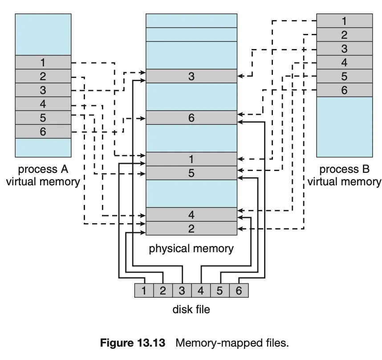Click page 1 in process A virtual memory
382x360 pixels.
[43, 62]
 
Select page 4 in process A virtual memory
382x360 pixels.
[43, 104]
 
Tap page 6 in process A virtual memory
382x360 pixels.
[43, 131]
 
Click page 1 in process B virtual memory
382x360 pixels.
[344, 20]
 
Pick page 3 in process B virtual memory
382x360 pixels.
[344, 49]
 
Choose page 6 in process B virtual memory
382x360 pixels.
[344, 90]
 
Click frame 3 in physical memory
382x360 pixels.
[191, 76]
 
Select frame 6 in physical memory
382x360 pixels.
[191, 118]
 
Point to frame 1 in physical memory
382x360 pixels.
[191, 159]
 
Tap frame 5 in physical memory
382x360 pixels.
[191, 173]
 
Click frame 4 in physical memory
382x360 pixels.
[191, 214]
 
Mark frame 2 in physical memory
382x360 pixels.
[191, 228]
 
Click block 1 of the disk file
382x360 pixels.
[144, 291]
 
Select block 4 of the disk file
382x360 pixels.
[200, 291]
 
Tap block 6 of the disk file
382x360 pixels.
[239, 291]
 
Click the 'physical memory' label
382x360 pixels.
[191, 248]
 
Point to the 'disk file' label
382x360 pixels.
[191, 309]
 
